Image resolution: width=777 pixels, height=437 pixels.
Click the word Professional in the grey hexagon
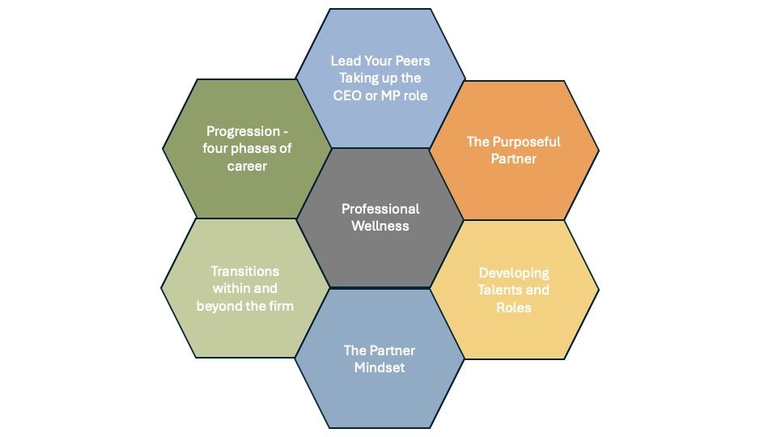[x=380, y=209]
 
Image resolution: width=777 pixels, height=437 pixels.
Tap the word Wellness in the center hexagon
[x=380, y=226]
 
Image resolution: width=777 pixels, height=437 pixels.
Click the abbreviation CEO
[x=347, y=95]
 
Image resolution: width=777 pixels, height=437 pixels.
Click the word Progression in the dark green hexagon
[x=244, y=132]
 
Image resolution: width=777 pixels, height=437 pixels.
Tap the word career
[x=247, y=166]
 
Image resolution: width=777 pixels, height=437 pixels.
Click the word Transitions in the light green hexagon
[x=244, y=272]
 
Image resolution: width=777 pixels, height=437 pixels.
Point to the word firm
[x=282, y=306]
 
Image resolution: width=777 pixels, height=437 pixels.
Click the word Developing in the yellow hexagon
[x=514, y=274]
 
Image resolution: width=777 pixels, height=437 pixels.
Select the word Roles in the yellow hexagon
[x=513, y=308]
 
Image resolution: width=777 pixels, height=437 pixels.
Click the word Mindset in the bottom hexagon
[x=380, y=367]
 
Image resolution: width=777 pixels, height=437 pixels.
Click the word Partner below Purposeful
[x=513, y=159]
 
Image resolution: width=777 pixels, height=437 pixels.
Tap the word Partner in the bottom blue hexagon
[x=393, y=350]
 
